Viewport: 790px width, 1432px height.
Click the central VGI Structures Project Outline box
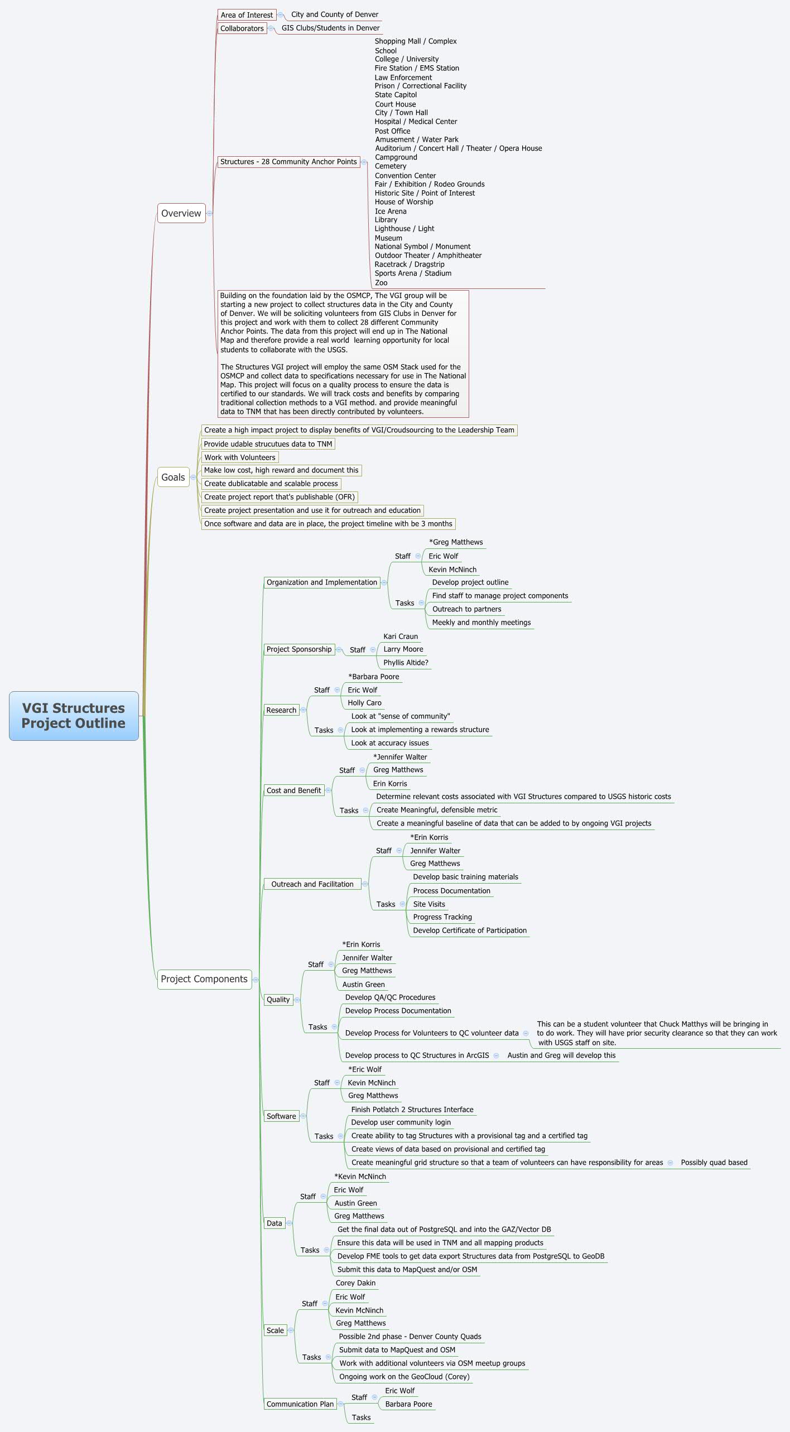coord(74,716)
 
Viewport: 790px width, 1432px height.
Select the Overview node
coord(181,213)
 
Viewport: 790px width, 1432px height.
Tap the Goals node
coord(173,477)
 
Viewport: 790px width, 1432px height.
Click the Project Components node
coord(204,979)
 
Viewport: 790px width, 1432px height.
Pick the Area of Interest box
coord(247,15)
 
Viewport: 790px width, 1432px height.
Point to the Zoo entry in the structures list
coord(381,283)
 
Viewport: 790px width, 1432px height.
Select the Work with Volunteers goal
coord(239,457)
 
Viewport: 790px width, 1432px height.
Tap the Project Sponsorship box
coord(298,649)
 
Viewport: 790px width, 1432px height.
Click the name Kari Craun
coord(400,637)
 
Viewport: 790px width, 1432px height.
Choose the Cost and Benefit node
coord(293,790)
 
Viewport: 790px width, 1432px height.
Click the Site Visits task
coord(428,904)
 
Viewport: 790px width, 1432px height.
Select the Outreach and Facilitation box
coord(312,884)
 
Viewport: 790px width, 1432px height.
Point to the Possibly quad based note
coord(714,1163)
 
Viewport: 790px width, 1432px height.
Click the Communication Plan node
coord(300,1404)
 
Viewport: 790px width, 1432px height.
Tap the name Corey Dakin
coord(355,1283)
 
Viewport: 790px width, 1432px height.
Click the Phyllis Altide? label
coord(406,663)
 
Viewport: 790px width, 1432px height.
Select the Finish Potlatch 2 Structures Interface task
coord(412,1110)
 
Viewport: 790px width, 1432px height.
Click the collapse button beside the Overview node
coord(210,213)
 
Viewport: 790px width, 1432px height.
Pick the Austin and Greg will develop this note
coord(561,1055)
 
